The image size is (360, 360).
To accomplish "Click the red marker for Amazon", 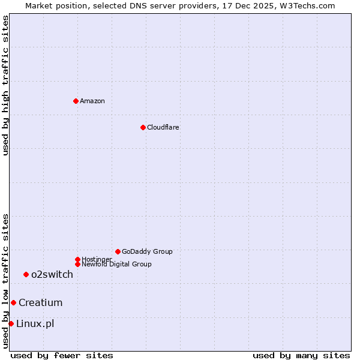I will click(76, 101).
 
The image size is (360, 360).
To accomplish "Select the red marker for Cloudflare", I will click(143, 127).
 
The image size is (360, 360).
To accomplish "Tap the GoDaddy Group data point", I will click(118, 251).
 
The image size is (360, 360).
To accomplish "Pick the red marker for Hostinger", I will click(77, 259).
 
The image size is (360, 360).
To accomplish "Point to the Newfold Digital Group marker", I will click(77, 264).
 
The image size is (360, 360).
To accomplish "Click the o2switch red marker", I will click(26, 274).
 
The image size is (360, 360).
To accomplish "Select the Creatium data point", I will click(13, 302).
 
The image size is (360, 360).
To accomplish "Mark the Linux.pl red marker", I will click(11, 323).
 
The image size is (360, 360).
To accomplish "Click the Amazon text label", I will click(92, 101).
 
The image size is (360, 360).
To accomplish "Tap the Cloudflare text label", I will click(163, 127).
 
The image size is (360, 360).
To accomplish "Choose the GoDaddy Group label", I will click(147, 251).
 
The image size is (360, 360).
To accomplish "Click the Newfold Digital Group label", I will click(116, 264).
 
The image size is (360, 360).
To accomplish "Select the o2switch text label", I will click(52, 274).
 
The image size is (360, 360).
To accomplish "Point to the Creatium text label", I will click(40, 302).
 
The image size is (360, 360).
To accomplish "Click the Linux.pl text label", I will click(35, 323).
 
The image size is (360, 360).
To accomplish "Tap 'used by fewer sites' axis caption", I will click(62, 355).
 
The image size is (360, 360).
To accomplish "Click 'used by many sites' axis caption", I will click(301, 355).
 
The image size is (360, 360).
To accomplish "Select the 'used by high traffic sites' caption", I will click(5, 85).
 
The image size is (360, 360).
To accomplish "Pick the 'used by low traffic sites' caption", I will click(5, 281).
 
